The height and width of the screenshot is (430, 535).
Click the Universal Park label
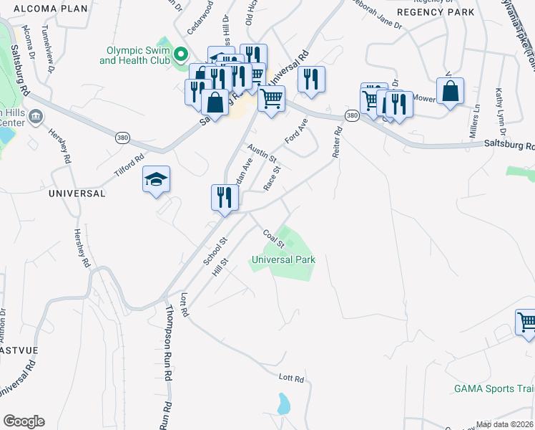pyautogui.click(x=283, y=259)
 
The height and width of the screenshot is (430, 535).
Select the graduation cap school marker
pyautogui.click(x=157, y=181)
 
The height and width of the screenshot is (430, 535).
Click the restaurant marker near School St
pyautogui.click(x=225, y=196)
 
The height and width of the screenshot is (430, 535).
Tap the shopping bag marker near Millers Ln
pyautogui.click(x=450, y=91)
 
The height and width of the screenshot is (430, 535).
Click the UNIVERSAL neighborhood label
pyautogui.click(x=77, y=193)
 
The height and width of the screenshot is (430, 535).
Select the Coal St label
pyautogui.click(x=273, y=239)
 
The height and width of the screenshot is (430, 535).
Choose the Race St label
pyautogui.click(x=272, y=179)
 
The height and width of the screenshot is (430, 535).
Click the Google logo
pyautogui.click(x=24, y=421)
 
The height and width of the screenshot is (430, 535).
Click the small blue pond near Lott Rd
pyautogui.click(x=284, y=404)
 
